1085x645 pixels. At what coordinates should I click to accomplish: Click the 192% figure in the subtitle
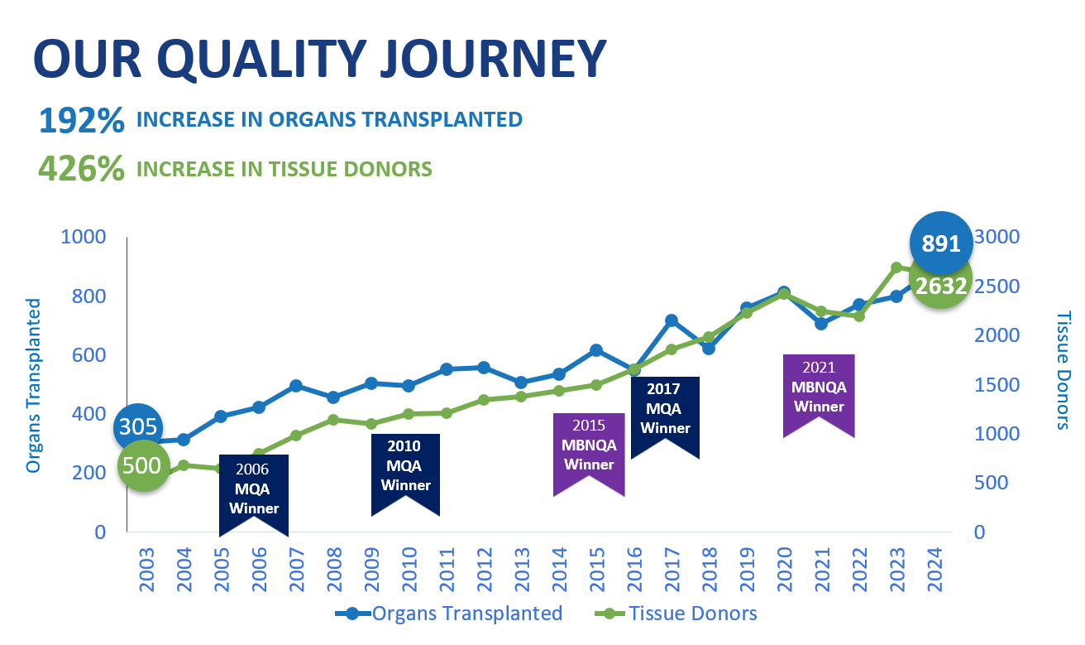(81, 121)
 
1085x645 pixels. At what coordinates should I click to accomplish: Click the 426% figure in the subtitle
(81, 169)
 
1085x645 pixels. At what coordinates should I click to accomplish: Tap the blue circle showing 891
(940, 243)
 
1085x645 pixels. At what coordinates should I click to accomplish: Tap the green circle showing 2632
(940, 286)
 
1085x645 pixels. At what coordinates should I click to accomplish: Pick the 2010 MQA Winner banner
(406, 468)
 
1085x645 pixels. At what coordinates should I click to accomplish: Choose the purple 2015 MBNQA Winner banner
(589, 447)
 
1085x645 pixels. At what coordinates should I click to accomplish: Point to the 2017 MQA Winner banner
(665, 410)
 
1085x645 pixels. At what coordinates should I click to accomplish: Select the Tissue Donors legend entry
(676, 614)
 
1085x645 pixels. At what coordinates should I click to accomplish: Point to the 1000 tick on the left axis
(84, 237)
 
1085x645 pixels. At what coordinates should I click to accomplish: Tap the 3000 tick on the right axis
(997, 237)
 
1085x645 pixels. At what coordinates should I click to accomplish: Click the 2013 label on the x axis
(521, 570)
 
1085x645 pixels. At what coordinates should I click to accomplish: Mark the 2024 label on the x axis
(934, 570)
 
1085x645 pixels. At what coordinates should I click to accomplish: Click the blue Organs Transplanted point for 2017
(672, 320)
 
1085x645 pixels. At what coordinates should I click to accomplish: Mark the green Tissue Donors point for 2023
(896, 268)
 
